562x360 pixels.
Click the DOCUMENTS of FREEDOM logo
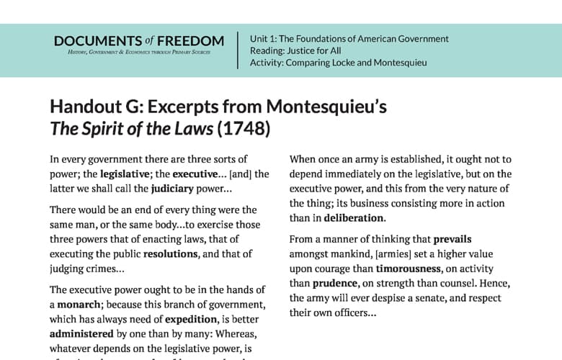[139, 45]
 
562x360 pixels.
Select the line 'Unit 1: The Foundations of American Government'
[349, 39]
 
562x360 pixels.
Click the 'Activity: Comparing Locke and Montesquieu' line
[338, 63]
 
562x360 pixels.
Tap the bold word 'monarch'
[73, 305]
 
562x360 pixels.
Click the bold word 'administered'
[81, 334]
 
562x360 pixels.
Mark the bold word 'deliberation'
[354, 217]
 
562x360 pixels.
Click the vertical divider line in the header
[238, 50]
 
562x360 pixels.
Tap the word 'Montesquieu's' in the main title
[326, 107]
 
